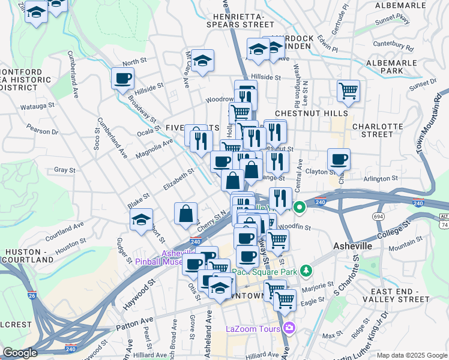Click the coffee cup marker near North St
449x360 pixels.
point(122,78)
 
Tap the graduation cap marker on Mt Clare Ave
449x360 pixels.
point(203,60)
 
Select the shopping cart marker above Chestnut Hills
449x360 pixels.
point(348,91)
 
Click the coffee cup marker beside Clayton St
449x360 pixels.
point(339,159)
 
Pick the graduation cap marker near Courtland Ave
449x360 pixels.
point(142,219)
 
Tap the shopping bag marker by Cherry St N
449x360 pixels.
point(186,213)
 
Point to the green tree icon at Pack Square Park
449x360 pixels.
point(307,271)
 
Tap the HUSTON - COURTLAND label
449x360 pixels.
point(29,256)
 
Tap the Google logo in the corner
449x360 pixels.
point(20,352)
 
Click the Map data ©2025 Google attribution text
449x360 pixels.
point(411,355)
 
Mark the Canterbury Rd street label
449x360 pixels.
point(393,45)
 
